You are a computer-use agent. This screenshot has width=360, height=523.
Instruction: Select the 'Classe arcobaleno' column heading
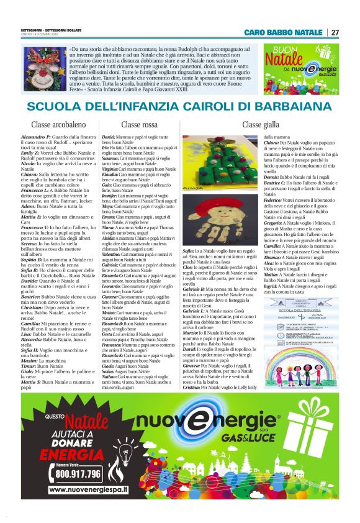click(x=58, y=125)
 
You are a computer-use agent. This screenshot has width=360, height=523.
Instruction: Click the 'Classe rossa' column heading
click(x=142, y=125)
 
